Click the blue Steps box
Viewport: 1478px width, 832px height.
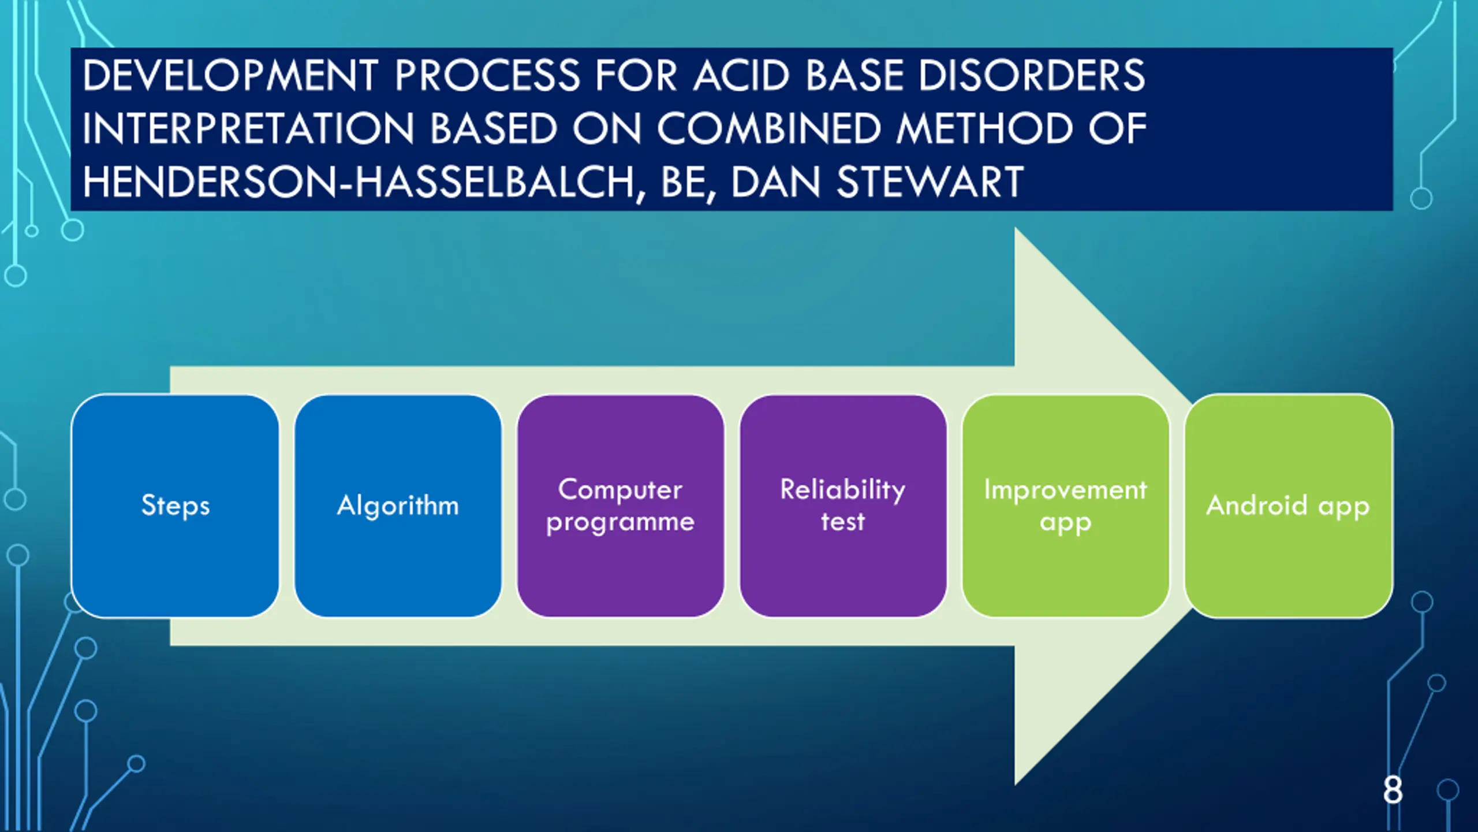(175, 506)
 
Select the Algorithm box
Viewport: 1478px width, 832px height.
(398, 506)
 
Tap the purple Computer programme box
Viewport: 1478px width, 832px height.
(621, 506)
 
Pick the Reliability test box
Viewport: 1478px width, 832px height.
(843, 506)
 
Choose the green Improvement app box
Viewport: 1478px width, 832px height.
(1065, 506)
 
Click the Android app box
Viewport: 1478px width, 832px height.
(1288, 506)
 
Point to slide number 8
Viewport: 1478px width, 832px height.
(1393, 790)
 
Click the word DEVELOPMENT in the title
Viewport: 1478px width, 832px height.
(230, 76)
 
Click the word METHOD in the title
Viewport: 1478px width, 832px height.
(984, 129)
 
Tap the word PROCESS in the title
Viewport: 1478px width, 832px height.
(487, 76)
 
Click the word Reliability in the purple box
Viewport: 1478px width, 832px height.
(843, 490)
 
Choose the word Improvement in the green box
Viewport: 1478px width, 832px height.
(1065, 490)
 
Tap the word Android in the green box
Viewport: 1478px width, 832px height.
(1256, 506)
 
